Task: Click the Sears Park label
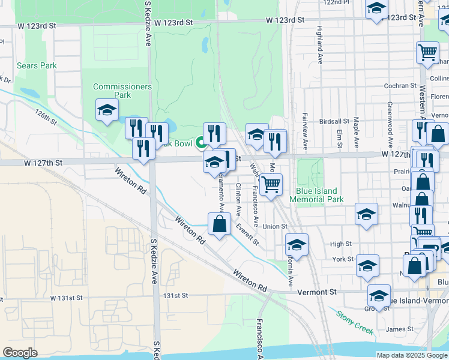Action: [36, 65]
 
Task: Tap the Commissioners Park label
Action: [122, 91]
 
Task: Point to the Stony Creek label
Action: [355, 322]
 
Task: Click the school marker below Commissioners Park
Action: [107, 110]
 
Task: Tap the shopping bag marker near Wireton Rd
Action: [220, 224]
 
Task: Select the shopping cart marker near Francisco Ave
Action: [271, 185]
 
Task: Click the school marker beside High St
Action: [297, 245]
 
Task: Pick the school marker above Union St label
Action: [366, 214]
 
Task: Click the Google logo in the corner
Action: [20, 353]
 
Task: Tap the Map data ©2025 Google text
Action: [412, 355]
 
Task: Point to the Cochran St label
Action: [400, 86]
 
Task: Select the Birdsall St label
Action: [334, 121]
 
